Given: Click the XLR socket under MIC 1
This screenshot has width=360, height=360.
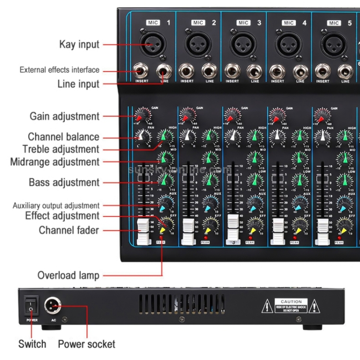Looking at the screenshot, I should click(152, 44).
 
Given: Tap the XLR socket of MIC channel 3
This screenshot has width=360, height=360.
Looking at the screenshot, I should click(243, 44).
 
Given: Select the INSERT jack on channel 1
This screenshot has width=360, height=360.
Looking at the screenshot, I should click(142, 73).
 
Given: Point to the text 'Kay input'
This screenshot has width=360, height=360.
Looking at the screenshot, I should click(79, 45).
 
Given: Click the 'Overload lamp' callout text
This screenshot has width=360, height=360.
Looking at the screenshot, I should click(68, 276).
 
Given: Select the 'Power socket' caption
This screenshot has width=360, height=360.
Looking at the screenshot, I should click(86, 344).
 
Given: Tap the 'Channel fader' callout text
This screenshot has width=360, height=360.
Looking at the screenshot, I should click(69, 230).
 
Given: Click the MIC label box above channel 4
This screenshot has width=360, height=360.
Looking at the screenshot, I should click(288, 23).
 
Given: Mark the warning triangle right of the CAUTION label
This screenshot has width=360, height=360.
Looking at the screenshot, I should click(314, 305).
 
